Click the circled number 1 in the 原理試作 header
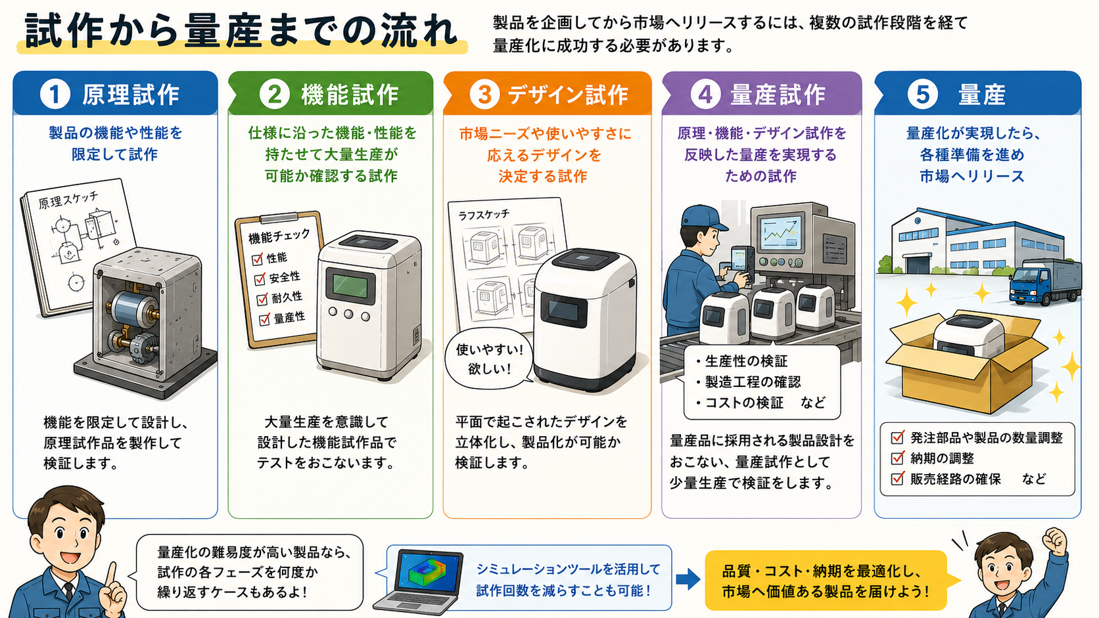55,94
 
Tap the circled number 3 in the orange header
484,94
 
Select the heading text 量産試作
778,95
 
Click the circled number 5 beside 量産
922,94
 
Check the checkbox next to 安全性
260,279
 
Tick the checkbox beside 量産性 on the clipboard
264,320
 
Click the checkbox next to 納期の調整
897,458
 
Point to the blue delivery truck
1045,282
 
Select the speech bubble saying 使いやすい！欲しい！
489,358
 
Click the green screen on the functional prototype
350,285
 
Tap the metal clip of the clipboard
279,218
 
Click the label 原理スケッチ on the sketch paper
68,200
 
